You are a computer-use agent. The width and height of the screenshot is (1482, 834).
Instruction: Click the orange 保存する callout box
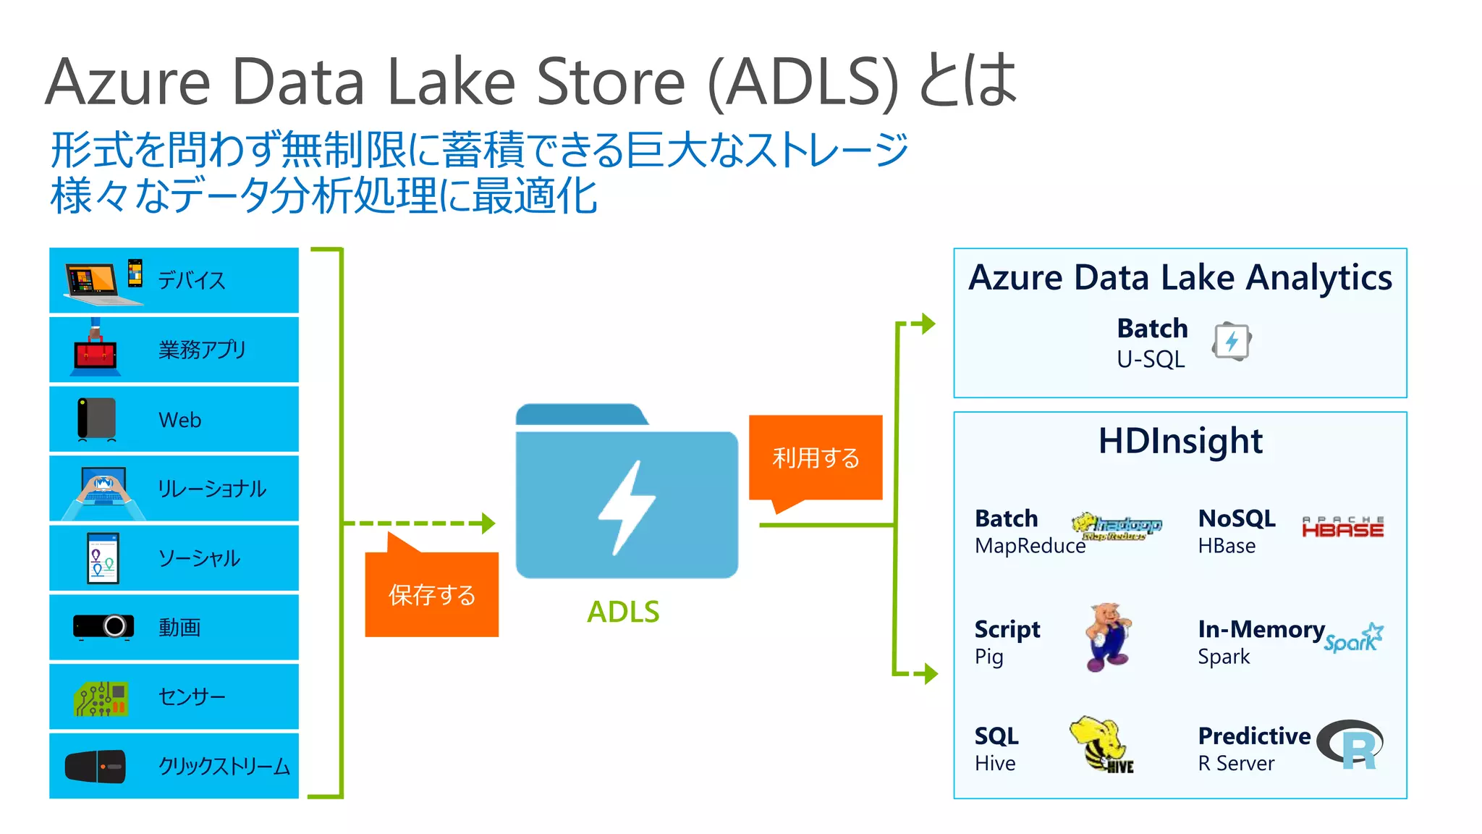tap(431, 594)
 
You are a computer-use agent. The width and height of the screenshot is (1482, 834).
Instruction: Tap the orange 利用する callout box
tap(816, 458)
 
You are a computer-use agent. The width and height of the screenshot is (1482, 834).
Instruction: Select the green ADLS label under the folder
tap(623, 612)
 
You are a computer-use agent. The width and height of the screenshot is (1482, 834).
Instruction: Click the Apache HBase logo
tap(1342, 528)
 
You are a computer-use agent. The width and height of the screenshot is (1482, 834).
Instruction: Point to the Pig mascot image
tap(1108, 637)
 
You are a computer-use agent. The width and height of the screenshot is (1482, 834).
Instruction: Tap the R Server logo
tap(1350, 744)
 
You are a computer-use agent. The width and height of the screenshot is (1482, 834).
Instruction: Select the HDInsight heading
tap(1180, 441)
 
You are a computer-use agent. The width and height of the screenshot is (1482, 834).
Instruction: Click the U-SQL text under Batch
tap(1151, 359)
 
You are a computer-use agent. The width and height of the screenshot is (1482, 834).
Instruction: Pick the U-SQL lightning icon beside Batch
tap(1232, 341)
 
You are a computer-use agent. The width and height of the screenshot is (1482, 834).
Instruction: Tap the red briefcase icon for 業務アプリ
tap(95, 351)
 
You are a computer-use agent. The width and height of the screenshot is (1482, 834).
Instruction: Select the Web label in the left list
tap(179, 420)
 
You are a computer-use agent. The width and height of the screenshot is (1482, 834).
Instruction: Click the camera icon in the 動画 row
tap(103, 626)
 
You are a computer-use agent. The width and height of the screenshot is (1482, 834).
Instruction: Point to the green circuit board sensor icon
tap(101, 698)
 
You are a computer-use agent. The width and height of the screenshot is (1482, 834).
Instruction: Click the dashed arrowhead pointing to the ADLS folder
tap(488, 523)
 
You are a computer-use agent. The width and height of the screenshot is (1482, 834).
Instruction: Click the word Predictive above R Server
tap(1254, 736)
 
